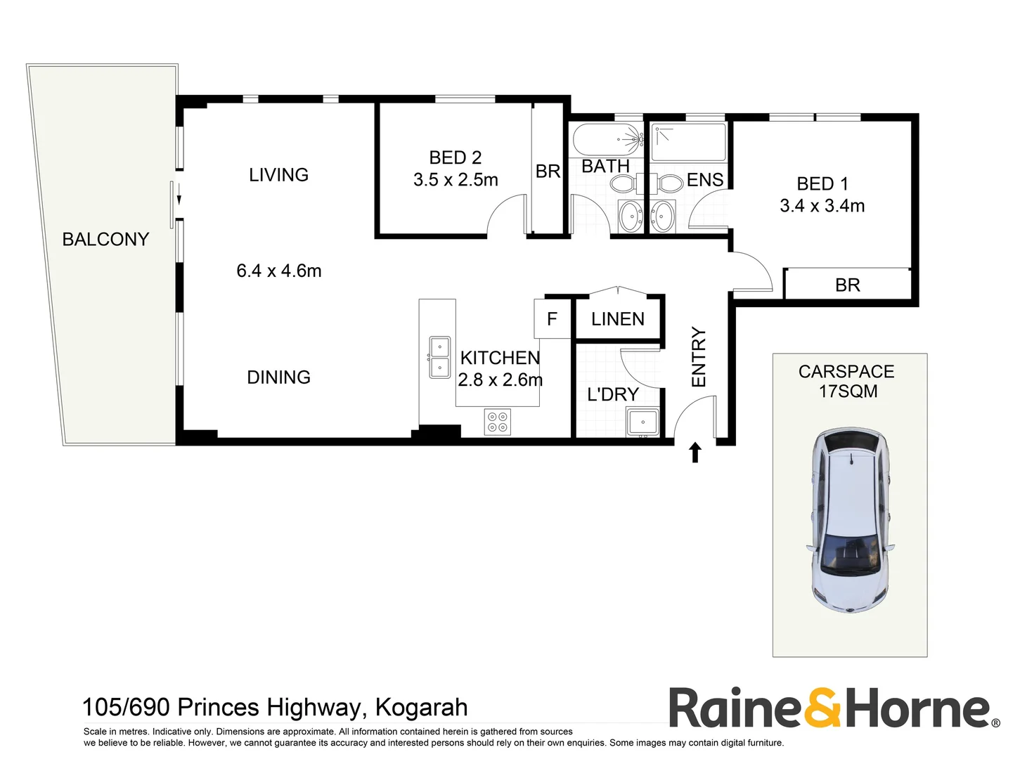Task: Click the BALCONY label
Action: coord(105,240)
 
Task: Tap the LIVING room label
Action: coord(278,175)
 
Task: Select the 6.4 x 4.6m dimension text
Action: coord(278,271)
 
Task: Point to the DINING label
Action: coord(278,377)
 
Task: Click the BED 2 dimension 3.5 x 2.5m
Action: coord(456,180)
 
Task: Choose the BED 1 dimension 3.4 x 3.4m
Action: coord(822,206)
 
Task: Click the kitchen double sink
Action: coord(440,357)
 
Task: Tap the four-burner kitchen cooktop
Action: coord(498,422)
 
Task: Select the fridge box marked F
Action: coord(552,319)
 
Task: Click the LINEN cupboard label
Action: coord(617,319)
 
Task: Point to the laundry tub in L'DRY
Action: coord(642,422)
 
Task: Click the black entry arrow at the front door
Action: coord(695,453)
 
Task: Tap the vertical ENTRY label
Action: coord(698,357)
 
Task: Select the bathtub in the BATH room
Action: coord(607,139)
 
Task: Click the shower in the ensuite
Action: coord(687,142)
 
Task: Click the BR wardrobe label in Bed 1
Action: coord(847,285)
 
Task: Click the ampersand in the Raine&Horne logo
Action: coord(822,708)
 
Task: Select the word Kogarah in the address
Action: coord(421,707)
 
